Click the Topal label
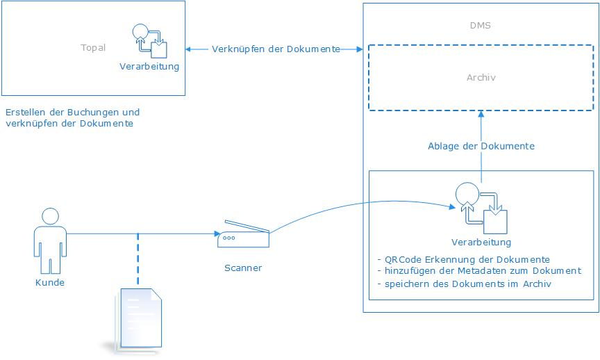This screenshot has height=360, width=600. (93, 48)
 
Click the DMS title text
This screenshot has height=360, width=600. (481, 26)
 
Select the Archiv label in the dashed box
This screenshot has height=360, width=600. (481, 78)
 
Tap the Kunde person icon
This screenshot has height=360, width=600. (49, 240)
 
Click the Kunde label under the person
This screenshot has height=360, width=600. (49, 283)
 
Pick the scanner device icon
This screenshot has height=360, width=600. (243, 234)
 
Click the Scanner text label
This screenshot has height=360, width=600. (243, 268)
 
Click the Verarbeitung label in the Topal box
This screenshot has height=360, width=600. (149, 67)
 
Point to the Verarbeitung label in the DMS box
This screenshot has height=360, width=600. (481, 243)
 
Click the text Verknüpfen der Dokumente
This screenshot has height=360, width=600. (276, 49)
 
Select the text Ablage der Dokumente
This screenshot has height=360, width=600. (481, 147)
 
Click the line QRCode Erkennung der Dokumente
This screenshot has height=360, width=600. (462, 260)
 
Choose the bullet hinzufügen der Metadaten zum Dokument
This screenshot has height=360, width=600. (478, 271)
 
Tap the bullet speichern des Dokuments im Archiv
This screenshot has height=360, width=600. (465, 284)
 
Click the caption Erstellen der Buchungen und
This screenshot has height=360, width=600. (72, 112)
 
